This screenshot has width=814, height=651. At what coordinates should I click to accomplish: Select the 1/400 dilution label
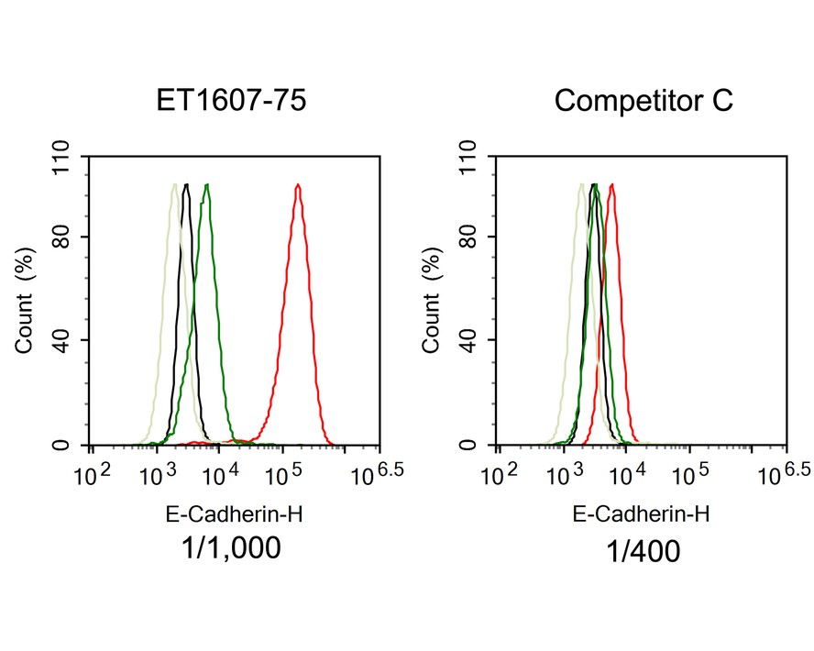point(641,551)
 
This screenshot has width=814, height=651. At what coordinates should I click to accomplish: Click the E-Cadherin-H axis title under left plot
point(232,515)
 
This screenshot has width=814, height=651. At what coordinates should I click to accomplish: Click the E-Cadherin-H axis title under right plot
point(641,515)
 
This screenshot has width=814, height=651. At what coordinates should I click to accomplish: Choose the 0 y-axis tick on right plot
point(474,446)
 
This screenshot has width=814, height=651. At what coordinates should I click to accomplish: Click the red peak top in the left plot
point(298,186)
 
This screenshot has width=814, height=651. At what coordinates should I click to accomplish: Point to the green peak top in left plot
point(208,186)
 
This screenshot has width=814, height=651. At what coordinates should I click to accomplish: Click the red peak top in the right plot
point(610,186)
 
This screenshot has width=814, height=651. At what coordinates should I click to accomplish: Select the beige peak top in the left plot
point(173,186)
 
